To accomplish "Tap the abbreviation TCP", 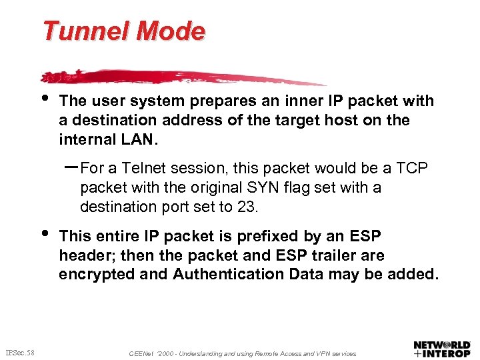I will pos(413,169).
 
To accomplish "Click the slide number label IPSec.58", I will pos(20,352).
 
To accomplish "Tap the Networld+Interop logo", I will pos(441,349).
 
